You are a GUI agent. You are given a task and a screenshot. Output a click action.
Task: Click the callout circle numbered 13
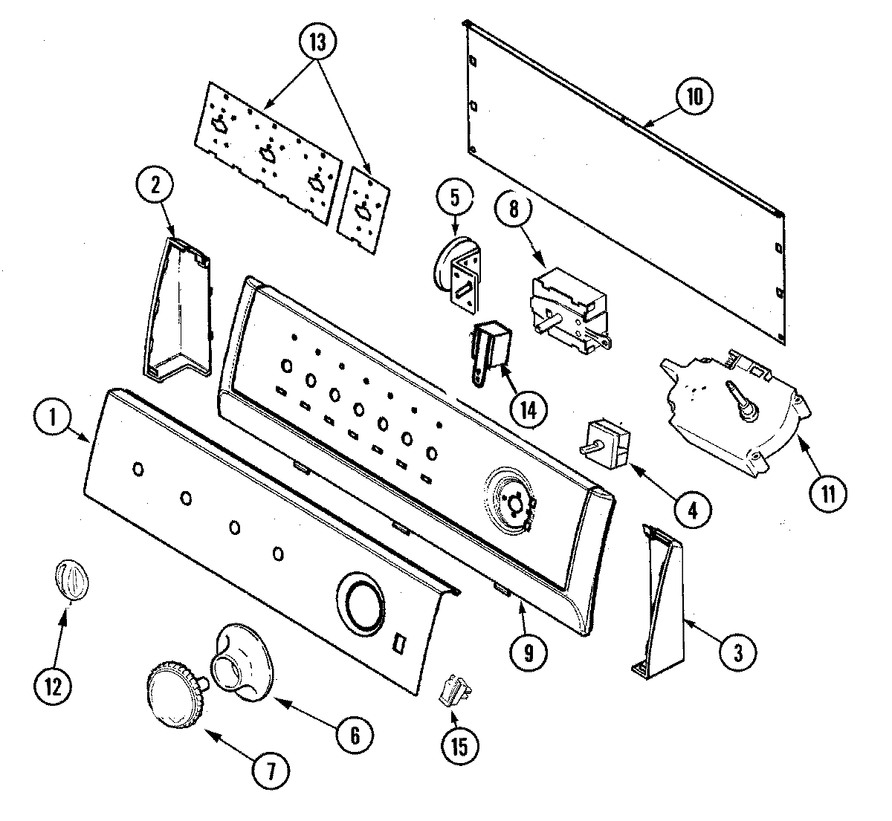[317, 42]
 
